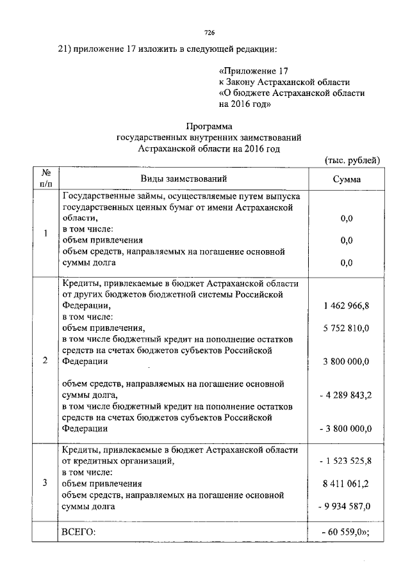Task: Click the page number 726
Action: [x=208, y=32]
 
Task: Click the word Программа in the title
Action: [x=208, y=126]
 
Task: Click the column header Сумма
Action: [x=347, y=180]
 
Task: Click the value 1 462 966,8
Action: [x=347, y=306]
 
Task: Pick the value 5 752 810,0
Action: [x=347, y=328]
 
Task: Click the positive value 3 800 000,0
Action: [x=347, y=361]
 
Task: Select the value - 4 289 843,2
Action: [x=345, y=395]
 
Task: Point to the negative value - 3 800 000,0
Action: [x=345, y=429]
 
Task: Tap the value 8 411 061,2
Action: [x=347, y=484]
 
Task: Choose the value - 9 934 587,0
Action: [x=345, y=507]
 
